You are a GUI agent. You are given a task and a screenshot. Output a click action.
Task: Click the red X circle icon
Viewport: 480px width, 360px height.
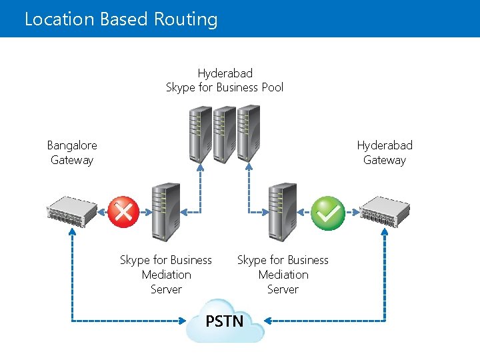123,212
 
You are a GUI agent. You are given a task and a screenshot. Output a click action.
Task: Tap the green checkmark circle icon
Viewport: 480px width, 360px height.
328,213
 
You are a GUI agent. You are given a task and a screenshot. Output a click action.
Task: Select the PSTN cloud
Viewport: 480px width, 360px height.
225,321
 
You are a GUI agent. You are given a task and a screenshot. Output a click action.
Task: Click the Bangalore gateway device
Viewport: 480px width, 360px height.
72,212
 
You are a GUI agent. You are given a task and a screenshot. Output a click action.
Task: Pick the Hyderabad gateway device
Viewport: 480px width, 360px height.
385,212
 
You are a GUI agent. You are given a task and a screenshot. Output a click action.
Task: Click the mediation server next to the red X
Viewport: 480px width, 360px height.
166,212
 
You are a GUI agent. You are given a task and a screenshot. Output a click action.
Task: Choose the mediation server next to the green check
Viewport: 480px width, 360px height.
283,212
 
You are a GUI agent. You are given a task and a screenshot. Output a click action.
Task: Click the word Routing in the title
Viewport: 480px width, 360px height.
185,19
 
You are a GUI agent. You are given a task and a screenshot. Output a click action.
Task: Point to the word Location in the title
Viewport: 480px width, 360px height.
59,19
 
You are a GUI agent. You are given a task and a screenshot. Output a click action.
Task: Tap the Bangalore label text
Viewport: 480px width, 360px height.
72,145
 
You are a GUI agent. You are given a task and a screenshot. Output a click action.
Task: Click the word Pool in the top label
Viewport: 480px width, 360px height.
273,87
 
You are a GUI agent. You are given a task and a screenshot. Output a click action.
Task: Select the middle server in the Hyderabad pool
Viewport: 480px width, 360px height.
225,135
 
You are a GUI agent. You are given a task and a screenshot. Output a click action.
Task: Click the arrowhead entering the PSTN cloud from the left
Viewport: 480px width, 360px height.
183,321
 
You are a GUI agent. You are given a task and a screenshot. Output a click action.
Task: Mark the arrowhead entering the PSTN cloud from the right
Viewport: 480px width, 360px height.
267,321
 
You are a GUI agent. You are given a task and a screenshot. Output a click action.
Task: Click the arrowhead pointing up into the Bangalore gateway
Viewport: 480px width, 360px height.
72,232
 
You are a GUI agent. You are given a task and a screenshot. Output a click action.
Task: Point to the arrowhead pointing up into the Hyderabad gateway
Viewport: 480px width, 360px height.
385,232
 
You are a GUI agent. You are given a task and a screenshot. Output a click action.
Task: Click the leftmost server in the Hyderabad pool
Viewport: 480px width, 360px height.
201,135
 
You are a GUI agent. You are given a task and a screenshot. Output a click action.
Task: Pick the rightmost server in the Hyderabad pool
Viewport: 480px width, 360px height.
249,133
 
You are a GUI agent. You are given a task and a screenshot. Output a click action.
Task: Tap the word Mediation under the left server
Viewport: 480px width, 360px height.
167,275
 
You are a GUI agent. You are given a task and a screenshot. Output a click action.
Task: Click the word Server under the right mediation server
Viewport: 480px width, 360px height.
283,289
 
